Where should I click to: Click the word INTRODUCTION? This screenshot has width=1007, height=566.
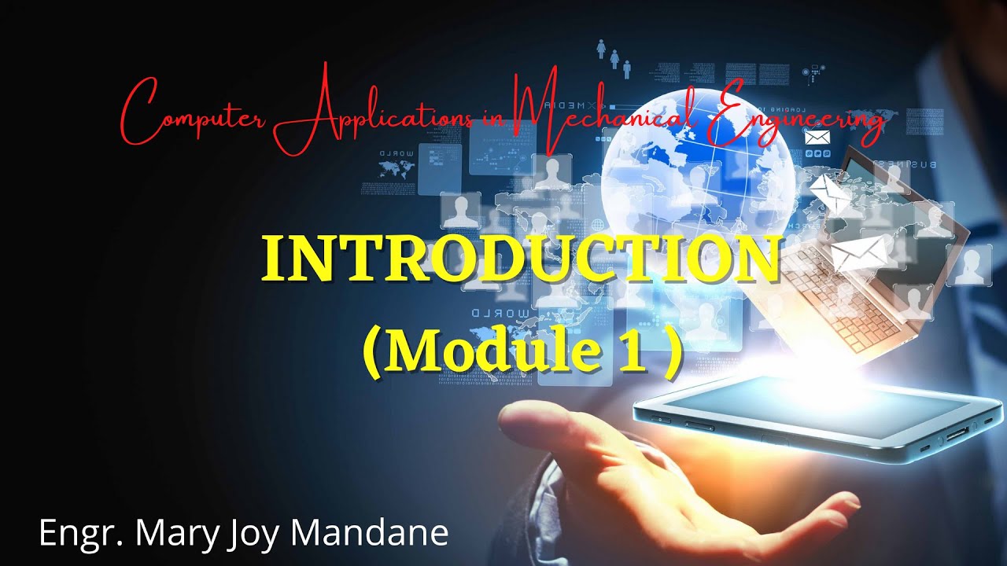coord(519,259)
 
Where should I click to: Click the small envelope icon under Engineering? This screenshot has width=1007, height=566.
coord(817,138)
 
